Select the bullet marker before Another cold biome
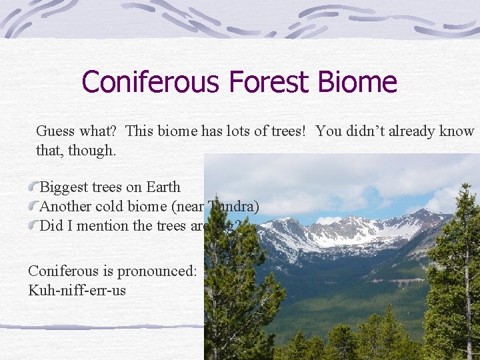(34, 206)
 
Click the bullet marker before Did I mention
(34, 225)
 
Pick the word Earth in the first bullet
(163, 187)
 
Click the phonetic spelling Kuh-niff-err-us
(77, 291)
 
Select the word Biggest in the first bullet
(65, 187)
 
